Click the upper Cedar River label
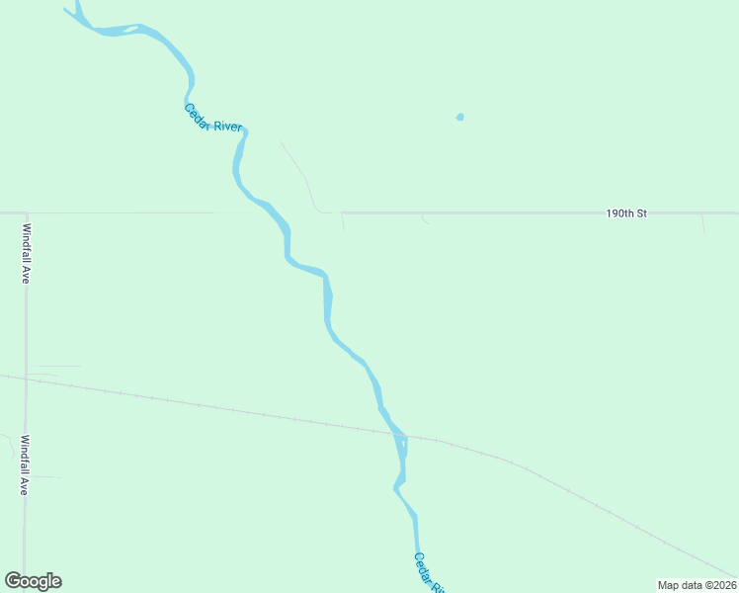tap(212, 118)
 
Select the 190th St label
tap(626, 212)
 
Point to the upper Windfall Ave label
tap(27, 253)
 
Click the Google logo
tap(33, 581)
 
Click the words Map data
tap(680, 585)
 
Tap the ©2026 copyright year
tap(718, 585)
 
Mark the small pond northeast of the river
tap(459, 117)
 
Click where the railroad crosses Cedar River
tap(395, 433)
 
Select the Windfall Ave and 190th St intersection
tap(27, 212)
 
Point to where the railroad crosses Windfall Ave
tap(26, 379)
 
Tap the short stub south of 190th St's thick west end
tap(343, 222)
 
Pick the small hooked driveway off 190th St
tap(425, 218)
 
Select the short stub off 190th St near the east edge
tap(702, 223)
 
